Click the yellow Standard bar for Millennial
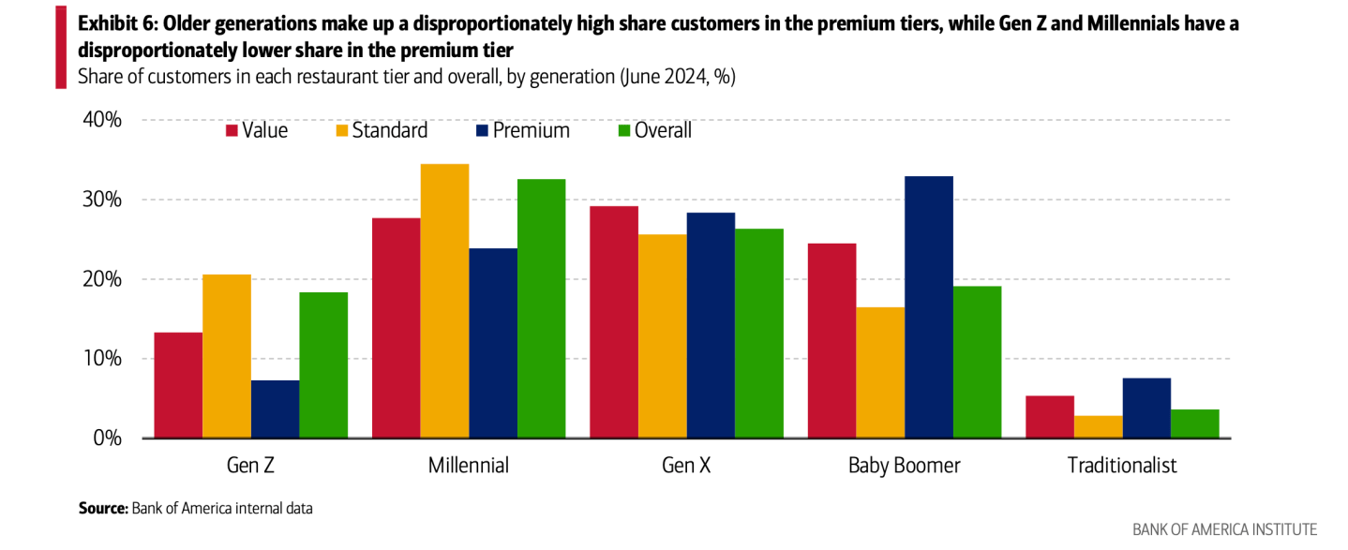444,301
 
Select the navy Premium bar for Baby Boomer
928,307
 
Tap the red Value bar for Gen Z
178,385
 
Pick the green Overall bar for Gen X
758,334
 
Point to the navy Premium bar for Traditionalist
1146,408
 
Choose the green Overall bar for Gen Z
323,365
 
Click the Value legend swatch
232,131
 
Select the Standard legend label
390,131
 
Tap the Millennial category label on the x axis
468,466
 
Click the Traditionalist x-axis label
1122,466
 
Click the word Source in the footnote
101,509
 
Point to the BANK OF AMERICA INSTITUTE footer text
1224,530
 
